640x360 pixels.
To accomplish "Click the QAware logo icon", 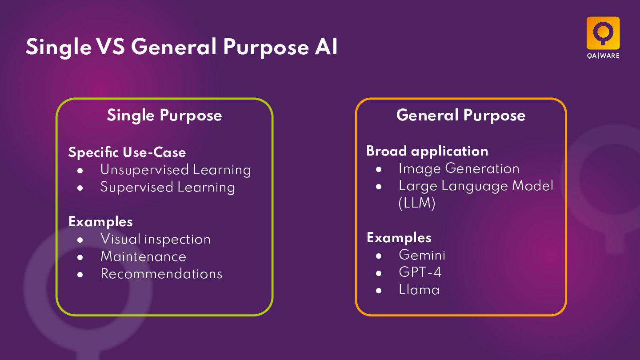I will [603, 33].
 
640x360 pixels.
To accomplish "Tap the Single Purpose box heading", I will [164, 116].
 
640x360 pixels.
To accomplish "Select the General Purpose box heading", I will [461, 116].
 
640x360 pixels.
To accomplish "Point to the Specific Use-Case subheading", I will [127, 152].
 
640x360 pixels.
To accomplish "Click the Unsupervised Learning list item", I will [176, 170].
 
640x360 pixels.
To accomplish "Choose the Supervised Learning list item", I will [168, 187].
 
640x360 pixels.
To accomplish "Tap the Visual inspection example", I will [156, 239].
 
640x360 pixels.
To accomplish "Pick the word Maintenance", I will [143, 256].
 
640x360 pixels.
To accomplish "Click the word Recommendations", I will [161, 274].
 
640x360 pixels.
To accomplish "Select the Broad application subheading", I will [427, 151].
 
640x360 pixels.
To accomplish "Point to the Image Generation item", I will [459, 168].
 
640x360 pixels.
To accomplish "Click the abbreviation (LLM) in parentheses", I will [417, 204].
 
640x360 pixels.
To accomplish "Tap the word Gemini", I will [422, 255].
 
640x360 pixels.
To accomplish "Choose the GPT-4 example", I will [420, 272].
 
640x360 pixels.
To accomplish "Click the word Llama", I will [419, 290].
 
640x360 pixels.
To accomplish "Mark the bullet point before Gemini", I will [379, 256].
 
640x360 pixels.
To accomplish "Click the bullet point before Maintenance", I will [80, 257].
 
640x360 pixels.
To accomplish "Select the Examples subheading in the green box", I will [100, 221].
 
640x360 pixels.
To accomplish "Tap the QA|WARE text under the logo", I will [603, 56].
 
